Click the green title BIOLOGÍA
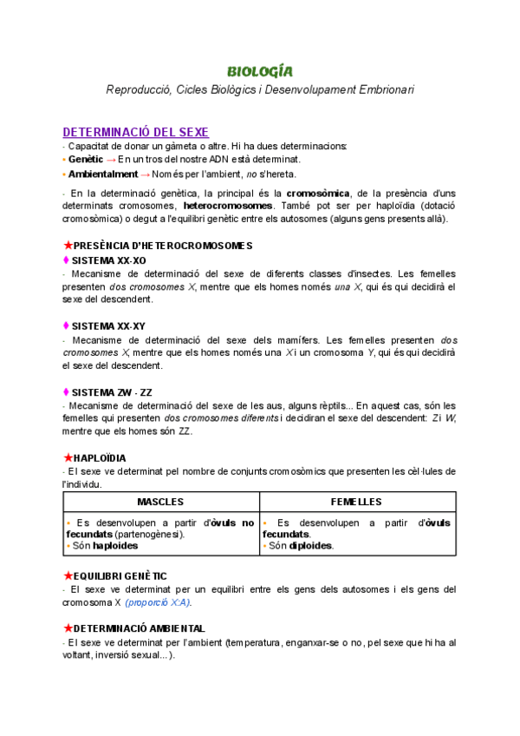pos(259,70)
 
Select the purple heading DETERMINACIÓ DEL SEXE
pos(135,132)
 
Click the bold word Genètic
pos(85,160)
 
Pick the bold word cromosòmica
pos(318,193)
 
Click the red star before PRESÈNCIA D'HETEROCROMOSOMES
pos(68,246)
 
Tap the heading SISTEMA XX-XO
pos(109,260)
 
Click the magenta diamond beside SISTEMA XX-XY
pos(66,325)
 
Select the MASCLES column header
pos(161,503)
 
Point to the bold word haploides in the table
pos(116,546)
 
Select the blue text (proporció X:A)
pos(159,602)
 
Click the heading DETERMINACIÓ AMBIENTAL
pos(140,628)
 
